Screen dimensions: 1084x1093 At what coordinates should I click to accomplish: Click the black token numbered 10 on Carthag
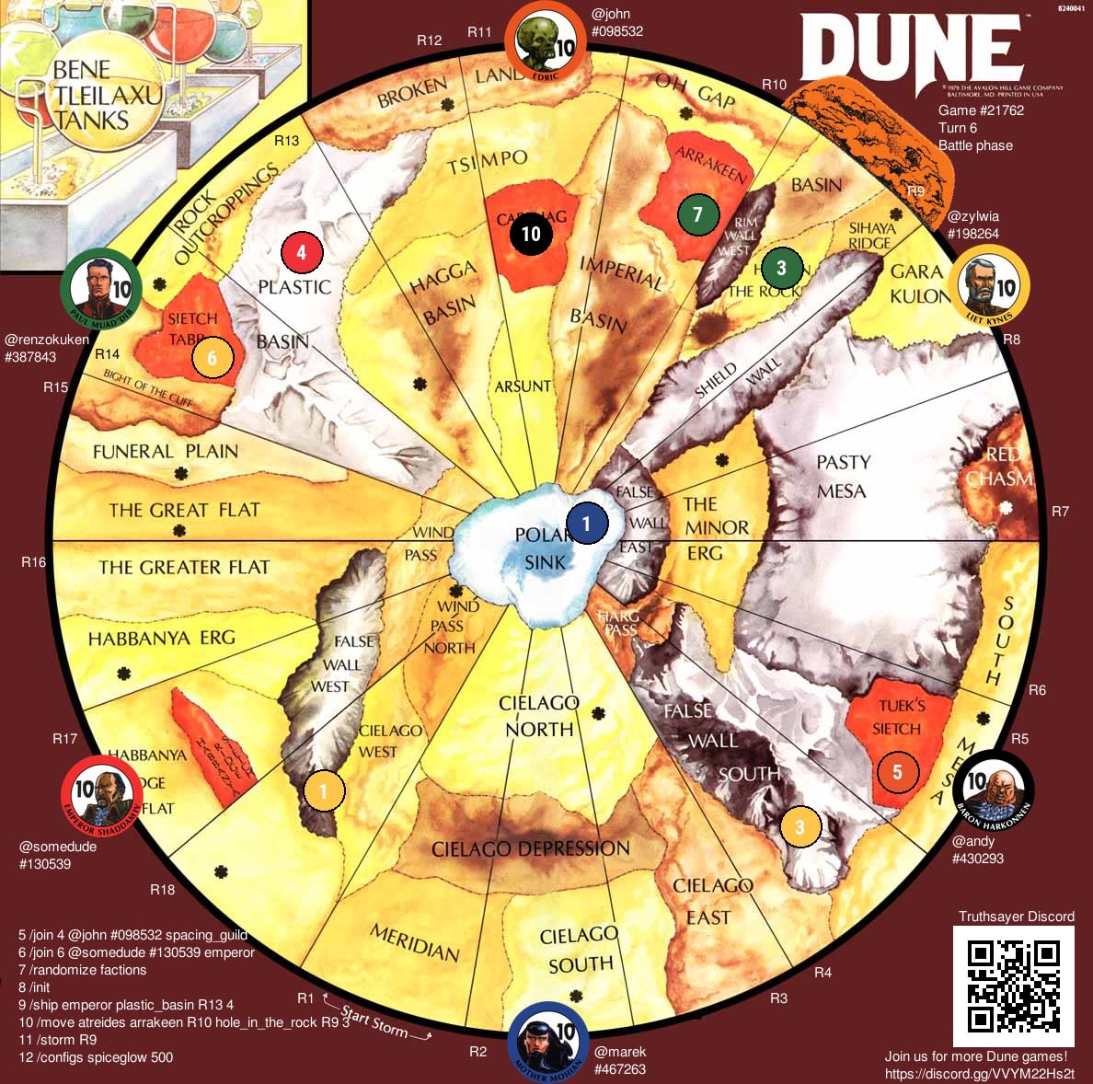coord(531,233)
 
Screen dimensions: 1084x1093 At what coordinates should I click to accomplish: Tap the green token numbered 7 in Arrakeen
coord(697,214)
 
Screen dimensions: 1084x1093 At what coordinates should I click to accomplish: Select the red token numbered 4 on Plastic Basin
coord(302,250)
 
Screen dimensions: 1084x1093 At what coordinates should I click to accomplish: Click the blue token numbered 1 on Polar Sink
coord(588,523)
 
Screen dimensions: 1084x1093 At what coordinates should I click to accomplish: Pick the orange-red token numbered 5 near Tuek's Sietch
coord(897,771)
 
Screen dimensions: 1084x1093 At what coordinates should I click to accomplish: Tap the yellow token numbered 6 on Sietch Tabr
coord(212,358)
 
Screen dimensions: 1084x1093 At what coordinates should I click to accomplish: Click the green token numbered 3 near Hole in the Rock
coord(782,268)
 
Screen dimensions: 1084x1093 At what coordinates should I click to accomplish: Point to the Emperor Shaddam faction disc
coord(101,794)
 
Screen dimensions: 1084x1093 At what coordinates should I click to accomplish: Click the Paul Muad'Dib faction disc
coord(101,290)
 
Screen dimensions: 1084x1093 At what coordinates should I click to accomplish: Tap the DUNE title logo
coord(911,51)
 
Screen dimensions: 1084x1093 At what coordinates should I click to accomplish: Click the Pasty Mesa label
coord(842,475)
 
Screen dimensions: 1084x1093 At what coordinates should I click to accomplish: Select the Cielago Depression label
coord(531,848)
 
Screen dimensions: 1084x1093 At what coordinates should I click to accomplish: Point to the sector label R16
coord(34,561)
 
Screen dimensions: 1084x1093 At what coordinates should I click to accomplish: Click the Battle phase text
coord(975,145)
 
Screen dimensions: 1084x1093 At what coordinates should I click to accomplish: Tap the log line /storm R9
coord(57,1040)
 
